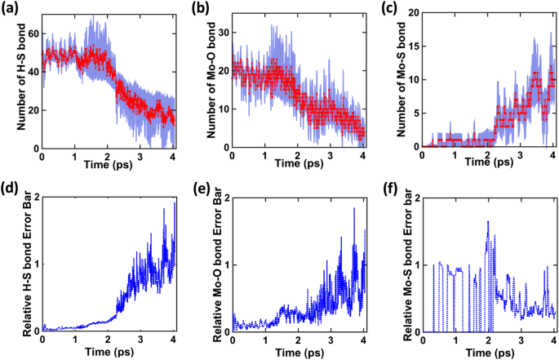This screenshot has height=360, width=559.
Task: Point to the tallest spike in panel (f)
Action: coord(488,221)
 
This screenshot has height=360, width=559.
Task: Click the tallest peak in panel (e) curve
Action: coord(354,208)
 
